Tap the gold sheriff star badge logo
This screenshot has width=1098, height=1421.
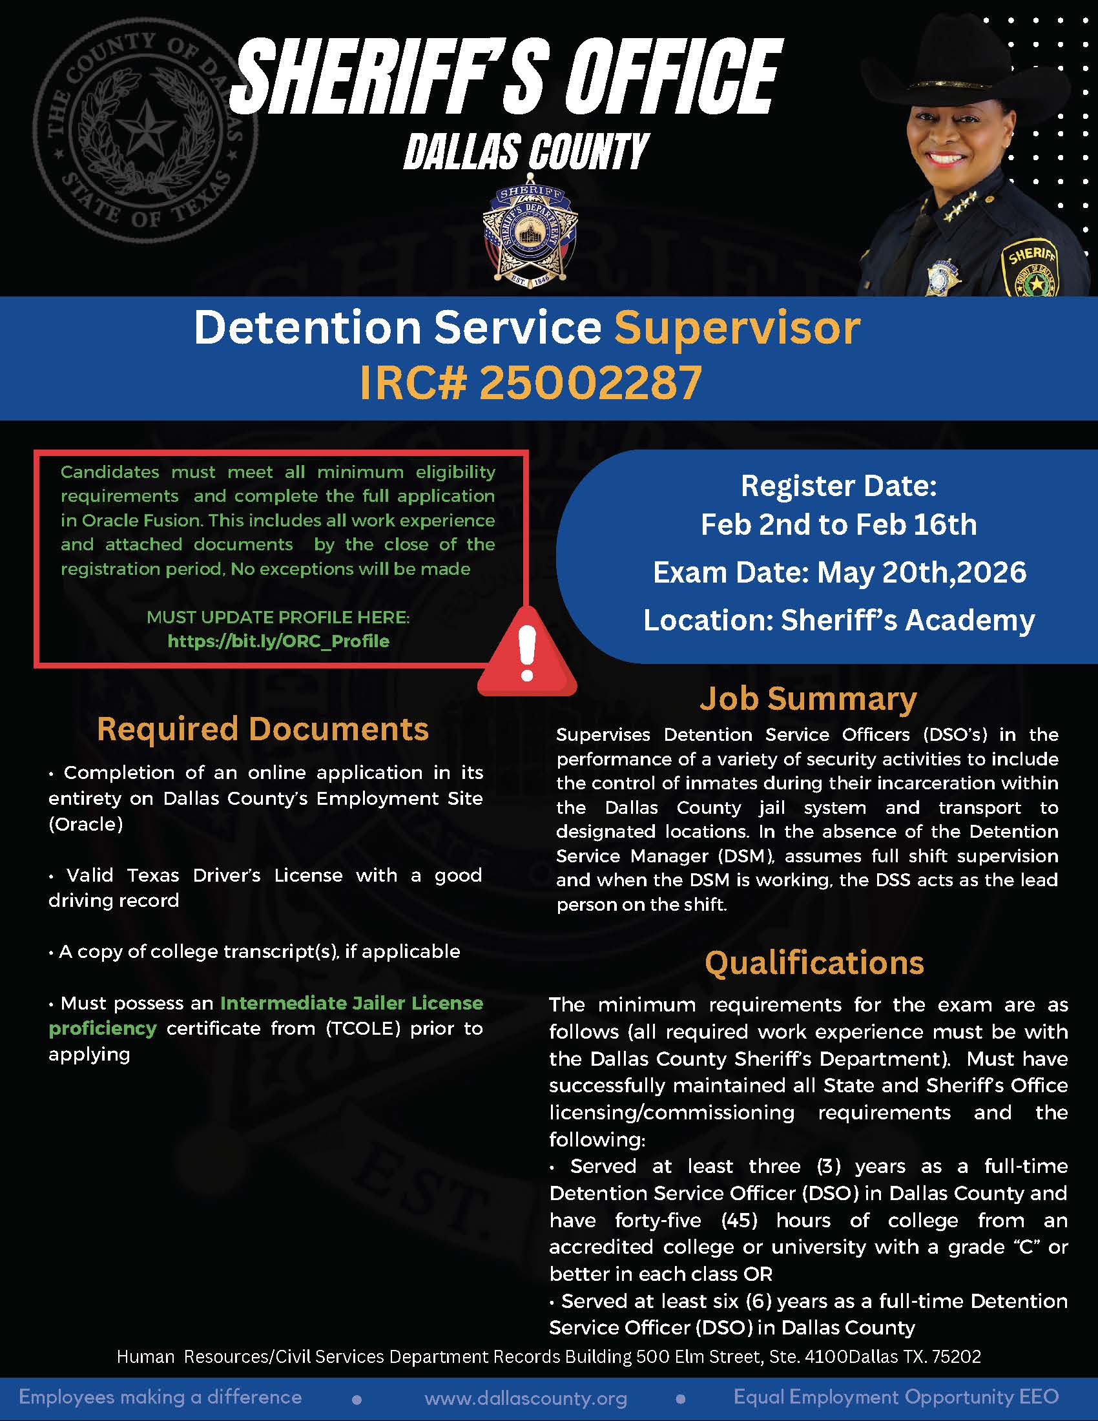click(x=531, y=236)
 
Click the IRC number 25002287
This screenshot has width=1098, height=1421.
click(x=590, y=382)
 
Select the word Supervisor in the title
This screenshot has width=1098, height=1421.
click(x=737, y=327)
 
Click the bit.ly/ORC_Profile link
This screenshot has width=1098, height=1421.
click(x=278, y=641)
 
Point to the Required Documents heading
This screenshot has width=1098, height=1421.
click(x=263, y=729)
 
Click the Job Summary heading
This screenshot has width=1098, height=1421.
click(x=808, y=699)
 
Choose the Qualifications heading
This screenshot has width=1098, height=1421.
click(x=814, y=963)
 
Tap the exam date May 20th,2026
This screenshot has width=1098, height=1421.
click(x=921, y=572)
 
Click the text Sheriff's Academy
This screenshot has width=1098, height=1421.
click(x=907, y=620)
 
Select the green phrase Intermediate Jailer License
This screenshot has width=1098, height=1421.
click(x=351, y=1003)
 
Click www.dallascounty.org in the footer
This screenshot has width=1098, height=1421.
click(x=526, y=1398)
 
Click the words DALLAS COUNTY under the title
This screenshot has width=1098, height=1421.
click(x=526, y=151)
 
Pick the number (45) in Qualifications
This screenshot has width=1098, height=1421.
click(x=740, y=1221)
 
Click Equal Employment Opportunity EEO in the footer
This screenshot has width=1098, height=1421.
click(x=896, y=1397)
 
